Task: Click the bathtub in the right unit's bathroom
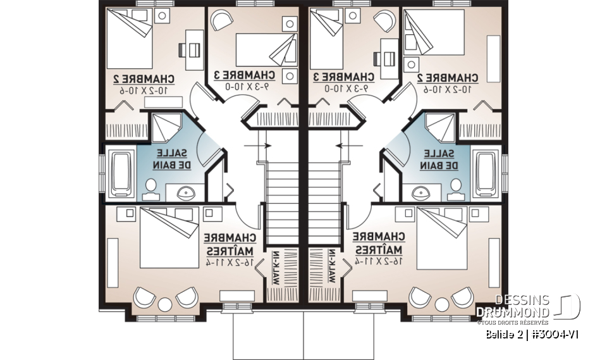click(487, 171)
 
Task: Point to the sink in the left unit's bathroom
click(185, 192)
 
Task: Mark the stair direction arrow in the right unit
click(346, 145)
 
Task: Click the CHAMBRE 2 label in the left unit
click(144, 78)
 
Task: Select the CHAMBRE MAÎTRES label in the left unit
click(231, 244)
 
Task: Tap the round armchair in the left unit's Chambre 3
click(221, 22)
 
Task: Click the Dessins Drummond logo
click(527, 307)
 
